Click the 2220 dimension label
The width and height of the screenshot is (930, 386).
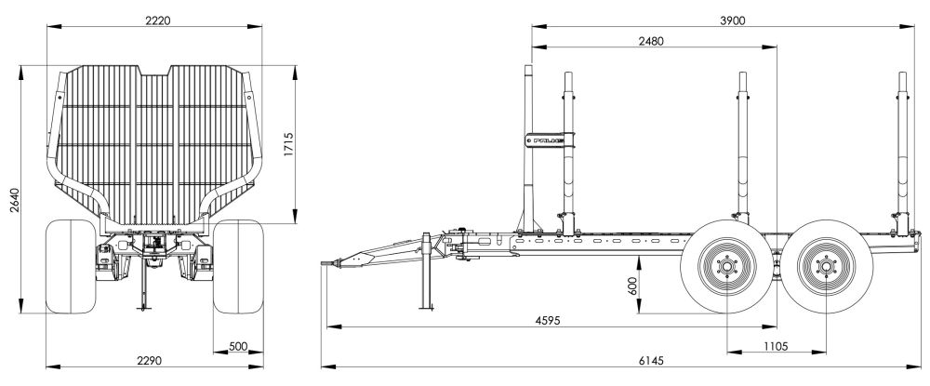(158, 20)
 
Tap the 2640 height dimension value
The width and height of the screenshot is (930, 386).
(15, 200)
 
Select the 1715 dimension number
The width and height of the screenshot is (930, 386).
(289, 144)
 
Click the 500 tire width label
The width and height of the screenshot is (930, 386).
(237, 346)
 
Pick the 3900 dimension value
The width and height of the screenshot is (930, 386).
(733, 20)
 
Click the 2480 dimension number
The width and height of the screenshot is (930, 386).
(651, 41)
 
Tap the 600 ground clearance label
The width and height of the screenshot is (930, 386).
(631, 286)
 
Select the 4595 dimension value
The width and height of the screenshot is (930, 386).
(548, 320)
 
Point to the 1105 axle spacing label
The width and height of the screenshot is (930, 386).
(776, 346)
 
